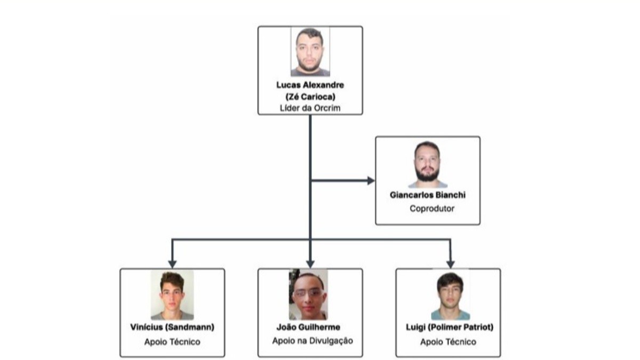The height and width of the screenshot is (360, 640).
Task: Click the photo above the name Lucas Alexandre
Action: (310, 52)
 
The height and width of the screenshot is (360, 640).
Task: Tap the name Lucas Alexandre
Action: (310, 85)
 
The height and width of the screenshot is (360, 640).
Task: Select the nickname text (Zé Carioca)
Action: (310, 97)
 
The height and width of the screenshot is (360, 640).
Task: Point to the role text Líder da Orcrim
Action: (310, 108)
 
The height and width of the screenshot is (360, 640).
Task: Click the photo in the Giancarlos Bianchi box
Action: (427, 164)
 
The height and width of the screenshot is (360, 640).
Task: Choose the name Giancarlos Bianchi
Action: (427, 196)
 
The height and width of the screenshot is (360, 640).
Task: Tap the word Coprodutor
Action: (432, 209)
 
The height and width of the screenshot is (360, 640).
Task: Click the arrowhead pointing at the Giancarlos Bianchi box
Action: (371, 181)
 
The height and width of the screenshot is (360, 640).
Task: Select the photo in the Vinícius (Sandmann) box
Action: (172, 294)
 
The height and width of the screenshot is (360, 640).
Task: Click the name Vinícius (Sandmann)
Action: (172, 327)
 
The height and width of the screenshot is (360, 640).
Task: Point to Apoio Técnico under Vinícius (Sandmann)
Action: (172, 342)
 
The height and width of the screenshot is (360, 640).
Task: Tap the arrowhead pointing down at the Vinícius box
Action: (172, 263)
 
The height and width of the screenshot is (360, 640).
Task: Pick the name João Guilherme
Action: (309, 327)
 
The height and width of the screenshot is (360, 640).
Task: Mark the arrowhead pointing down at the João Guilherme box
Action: (310, 263)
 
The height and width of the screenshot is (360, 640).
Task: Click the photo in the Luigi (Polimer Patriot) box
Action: (450, 295)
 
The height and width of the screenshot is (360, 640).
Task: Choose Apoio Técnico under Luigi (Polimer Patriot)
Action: (448, 342)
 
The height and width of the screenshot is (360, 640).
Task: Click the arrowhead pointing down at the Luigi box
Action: (450, 263)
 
